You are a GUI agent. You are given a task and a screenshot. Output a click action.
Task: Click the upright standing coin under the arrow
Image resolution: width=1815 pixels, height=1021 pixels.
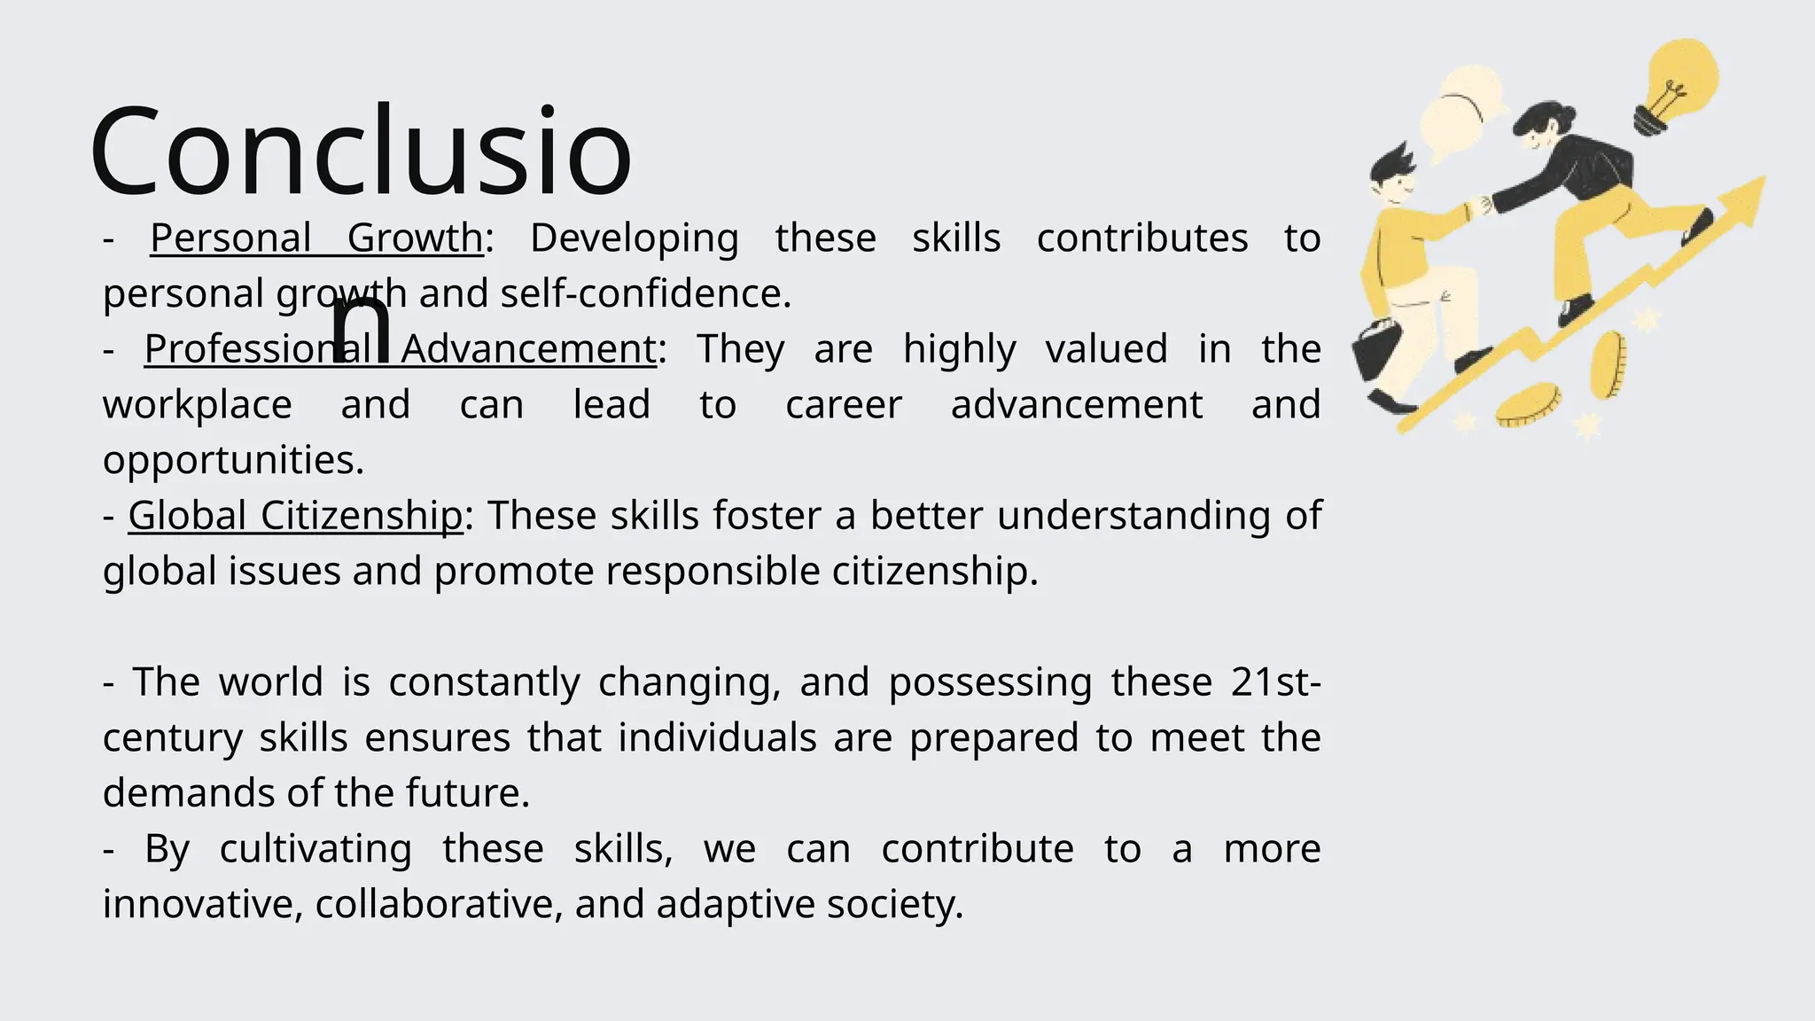[x=1608, y=364]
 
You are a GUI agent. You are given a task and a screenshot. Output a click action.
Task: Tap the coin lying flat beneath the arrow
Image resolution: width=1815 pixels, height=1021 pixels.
[x=1528, y=404]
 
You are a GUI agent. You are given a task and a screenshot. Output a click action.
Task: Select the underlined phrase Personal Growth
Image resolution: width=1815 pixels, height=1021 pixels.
[x=316, y=238]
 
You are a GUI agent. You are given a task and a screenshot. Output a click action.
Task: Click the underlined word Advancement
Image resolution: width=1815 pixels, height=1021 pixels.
[x=528, y=348]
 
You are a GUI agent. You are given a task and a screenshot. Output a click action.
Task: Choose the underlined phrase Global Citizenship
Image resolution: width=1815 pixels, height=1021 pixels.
[x=295, y=515]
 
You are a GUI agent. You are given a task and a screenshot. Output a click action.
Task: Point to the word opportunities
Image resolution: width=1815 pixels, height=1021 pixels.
[x=233, y=460]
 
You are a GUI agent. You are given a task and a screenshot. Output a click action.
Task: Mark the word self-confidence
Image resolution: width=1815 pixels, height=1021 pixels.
[x=645, y=293]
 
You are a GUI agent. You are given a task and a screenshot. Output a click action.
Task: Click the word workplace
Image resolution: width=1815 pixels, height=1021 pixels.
[x=197, y=404]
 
